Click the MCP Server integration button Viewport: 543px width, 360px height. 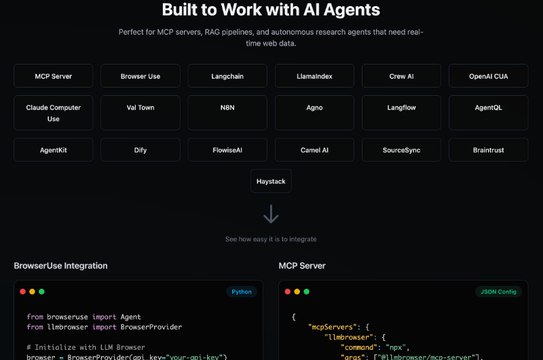(54, 76)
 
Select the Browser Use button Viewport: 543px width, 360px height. (141, 76)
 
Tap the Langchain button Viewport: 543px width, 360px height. (227, 76)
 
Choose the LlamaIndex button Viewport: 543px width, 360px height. (314, 76)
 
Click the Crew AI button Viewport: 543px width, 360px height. (401, 76)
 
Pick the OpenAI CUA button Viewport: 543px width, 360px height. (488, 76)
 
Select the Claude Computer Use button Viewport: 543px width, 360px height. (54, 113)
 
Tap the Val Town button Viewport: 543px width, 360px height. (141, 113)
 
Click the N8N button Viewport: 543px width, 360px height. (227, 113)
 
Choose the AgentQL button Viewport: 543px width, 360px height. (488, 113)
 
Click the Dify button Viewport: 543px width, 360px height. (141, 149)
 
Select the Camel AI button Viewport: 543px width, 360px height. (314, 149)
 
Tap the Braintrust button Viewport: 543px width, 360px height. (488, 149)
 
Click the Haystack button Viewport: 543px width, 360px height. (271, 181)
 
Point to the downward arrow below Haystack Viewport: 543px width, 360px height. (271, 214)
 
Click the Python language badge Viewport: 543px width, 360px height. (242, 291)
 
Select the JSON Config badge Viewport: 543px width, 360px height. (498, 291)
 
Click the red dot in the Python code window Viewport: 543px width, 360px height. (23, 291)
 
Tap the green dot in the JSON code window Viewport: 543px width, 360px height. (307, 291)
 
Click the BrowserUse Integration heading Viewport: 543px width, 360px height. (60, 266)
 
